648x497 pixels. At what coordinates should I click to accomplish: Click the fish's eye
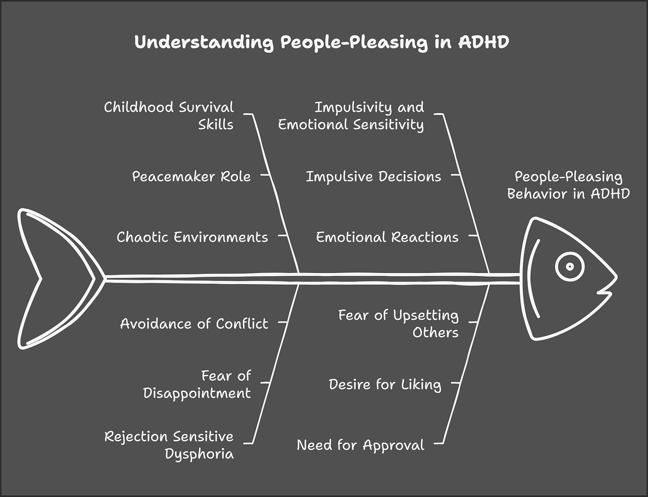[570, 267]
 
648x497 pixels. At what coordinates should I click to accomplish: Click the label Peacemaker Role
[191, 176]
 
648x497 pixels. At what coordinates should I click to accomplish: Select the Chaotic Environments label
[192, 237]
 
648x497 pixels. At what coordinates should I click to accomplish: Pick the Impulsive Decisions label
[373, 176]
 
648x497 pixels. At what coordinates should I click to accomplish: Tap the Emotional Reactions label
[387, 237]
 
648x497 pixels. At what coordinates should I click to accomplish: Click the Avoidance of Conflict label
[194, 323]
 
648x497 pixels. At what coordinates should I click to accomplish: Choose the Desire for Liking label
[385, 384]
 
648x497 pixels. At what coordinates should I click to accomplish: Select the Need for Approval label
[360, 444]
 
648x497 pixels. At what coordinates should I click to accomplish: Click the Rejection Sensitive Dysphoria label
[169, 444]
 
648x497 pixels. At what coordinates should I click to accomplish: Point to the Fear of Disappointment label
[197, 384]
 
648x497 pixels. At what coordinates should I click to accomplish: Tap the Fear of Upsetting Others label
[398, 323]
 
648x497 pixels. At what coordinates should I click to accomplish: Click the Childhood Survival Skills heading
[169, 115]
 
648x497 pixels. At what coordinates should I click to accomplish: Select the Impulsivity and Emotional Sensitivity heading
[351, 115]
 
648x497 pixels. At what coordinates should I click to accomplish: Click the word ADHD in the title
[483, 42]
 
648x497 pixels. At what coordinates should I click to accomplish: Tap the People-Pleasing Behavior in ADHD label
[568, 185]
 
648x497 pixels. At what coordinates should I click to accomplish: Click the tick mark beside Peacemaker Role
[265, 175]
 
